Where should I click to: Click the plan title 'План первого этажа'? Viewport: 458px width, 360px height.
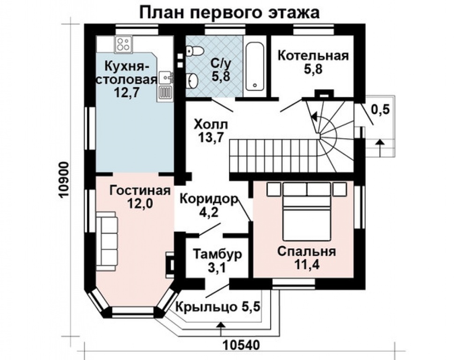click(x=229, y=12)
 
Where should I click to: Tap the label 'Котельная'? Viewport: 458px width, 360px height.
click(x=313, y=56)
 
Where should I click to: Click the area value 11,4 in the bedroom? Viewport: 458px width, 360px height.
click(x=306, y=264)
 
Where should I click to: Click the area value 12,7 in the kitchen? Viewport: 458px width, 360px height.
click(x=126, y=92)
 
